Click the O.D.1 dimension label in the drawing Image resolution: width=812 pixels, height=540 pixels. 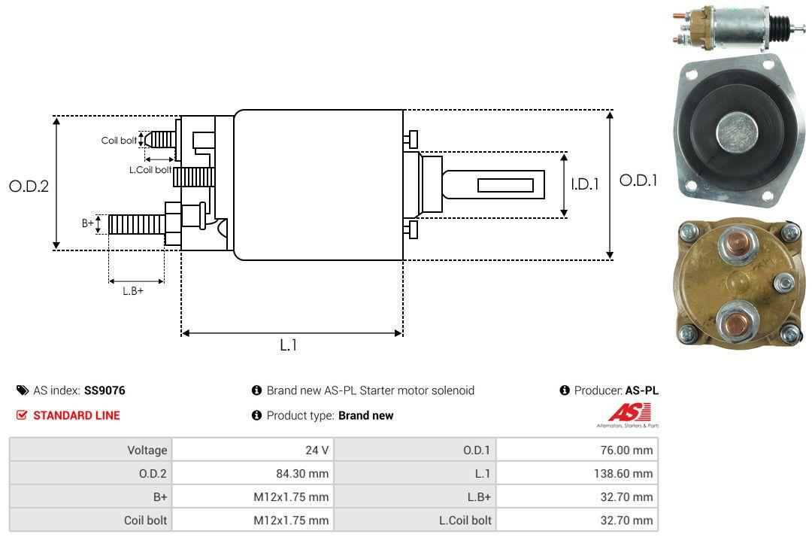pos(638,181)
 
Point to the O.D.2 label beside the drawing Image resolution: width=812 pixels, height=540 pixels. pos(29,186)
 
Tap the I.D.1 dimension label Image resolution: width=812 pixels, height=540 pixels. pos(584,184)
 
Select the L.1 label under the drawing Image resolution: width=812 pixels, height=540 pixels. pos(289,345)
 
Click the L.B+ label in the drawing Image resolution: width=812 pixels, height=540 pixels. pos(133,290)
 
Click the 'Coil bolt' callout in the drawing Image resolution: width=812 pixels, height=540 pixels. pos(119,141)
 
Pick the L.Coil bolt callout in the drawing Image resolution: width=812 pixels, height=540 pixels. pos(151,170)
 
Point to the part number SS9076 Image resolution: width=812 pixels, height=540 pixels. pos(105,390)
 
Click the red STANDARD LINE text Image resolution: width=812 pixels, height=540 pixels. pos(76,415)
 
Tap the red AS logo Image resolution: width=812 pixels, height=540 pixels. pos(624,412)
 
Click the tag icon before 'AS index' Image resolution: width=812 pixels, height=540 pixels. pos(22,390)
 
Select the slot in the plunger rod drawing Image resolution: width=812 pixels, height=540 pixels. pos(506,185)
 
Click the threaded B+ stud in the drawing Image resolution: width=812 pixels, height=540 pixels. pos(136,223)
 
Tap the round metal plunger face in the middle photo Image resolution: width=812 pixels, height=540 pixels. pos(738,132)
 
